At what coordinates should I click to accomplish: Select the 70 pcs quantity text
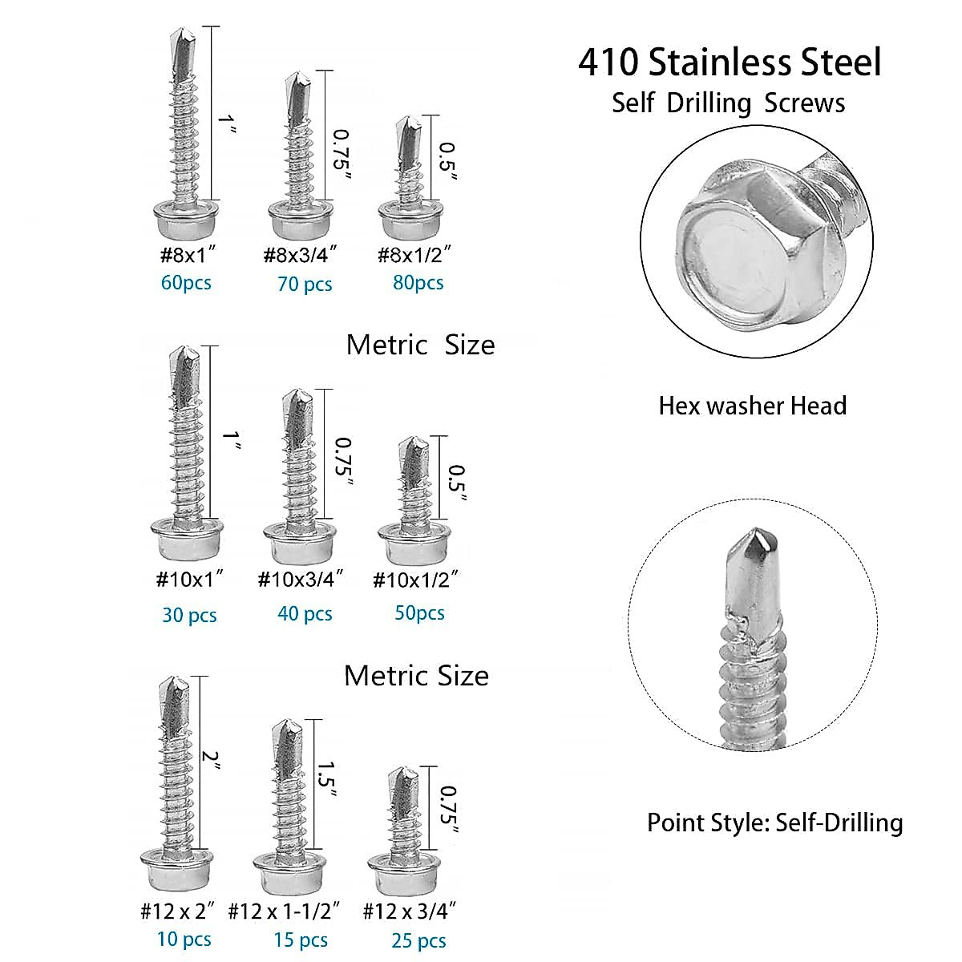pos(305,285)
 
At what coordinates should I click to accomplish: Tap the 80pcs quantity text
pos(418,283)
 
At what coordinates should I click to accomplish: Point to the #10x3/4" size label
pos(301,579)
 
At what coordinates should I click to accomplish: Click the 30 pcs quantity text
pos(189,615)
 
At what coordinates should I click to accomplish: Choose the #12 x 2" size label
pos(179,911)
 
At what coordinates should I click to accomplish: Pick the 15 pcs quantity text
pos(301,940)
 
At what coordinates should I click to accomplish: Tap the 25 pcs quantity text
pos(418,940)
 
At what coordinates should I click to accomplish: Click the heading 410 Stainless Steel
pos(730,63)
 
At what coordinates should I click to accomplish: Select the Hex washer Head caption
pos(752,406)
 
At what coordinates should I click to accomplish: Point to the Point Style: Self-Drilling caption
pos(774,823)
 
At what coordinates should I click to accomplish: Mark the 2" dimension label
pos(211,758)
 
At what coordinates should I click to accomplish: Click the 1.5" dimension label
pos(327,779)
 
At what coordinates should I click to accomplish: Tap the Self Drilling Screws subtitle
pos(728,103)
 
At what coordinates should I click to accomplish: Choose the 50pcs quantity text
pos(419,613)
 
